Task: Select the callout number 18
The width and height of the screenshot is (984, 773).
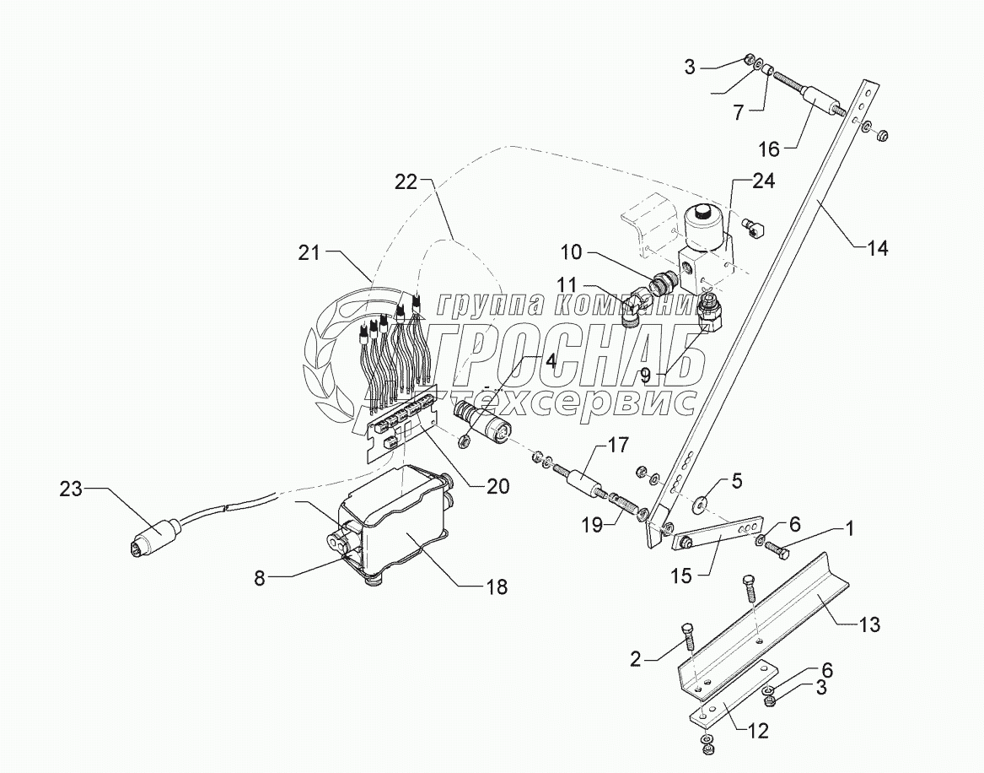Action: [x=497, y=587]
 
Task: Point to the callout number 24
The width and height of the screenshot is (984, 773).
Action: [x=764, y=181]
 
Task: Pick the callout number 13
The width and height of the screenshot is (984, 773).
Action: [x=870, y=624]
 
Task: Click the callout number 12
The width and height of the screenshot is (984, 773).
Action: [x=758, y=731]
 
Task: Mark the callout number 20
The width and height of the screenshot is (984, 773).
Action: [x=498, y=486]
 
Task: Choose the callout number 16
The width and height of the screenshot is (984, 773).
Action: [x=769, y=149]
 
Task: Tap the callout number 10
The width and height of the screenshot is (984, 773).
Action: [x=571, y=252]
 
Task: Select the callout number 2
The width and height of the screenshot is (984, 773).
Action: [x=636, y=659]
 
